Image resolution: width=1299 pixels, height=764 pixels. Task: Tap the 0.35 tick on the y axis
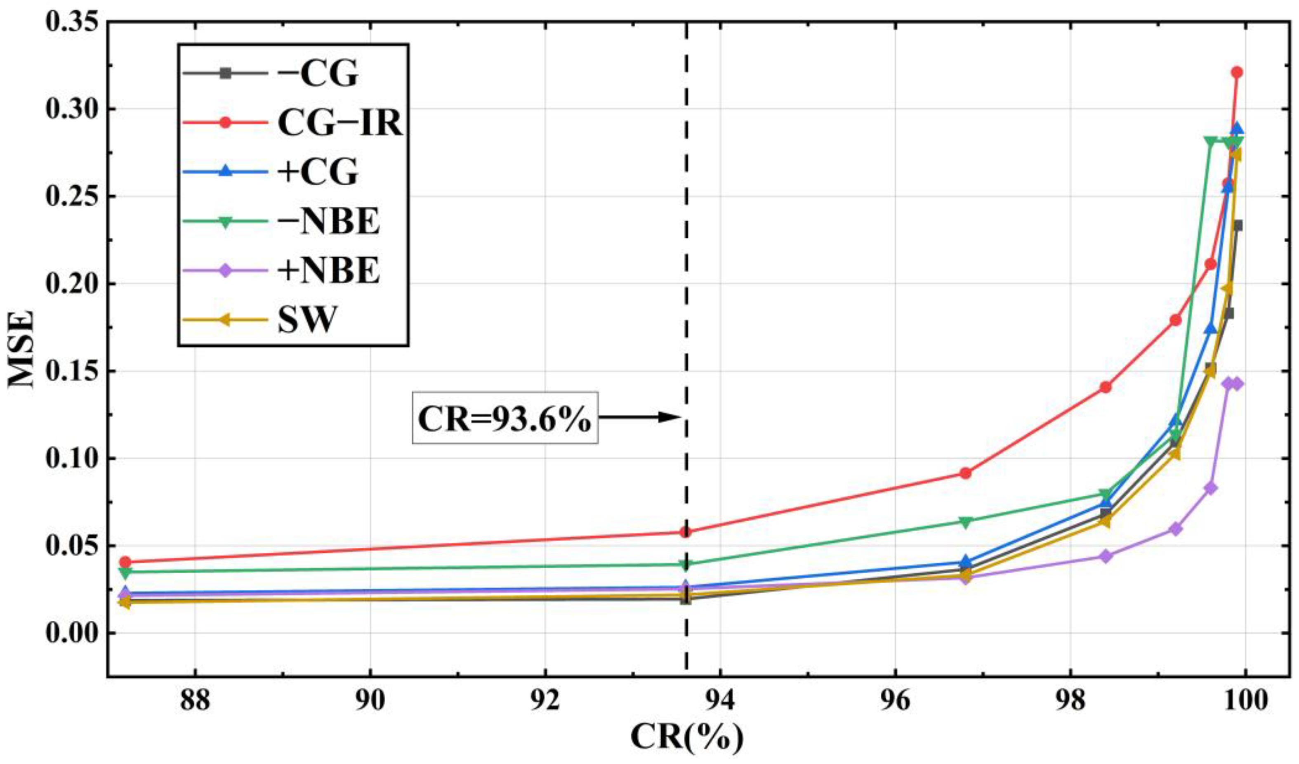pos(71,23)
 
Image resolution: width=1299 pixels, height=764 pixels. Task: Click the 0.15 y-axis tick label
pos(71,371)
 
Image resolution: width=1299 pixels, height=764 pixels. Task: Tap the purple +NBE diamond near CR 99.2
pos(1176,529)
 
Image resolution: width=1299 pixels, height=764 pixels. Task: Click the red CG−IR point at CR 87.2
pos(125,562)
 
